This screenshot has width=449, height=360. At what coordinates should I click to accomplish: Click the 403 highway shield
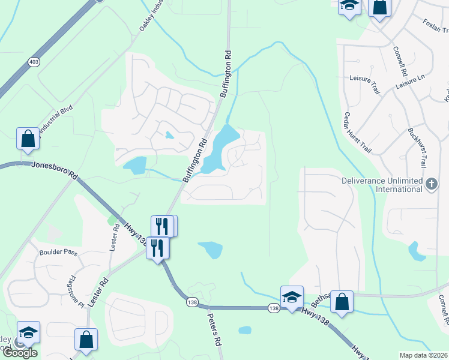34,61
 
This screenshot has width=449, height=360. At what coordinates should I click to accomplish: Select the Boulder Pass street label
58,253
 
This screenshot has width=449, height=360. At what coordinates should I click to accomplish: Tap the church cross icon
432,184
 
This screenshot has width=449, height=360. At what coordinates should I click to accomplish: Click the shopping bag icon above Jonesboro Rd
28,139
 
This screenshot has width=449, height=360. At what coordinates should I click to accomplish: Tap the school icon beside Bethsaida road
292,297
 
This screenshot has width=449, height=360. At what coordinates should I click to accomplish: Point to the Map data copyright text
424,355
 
